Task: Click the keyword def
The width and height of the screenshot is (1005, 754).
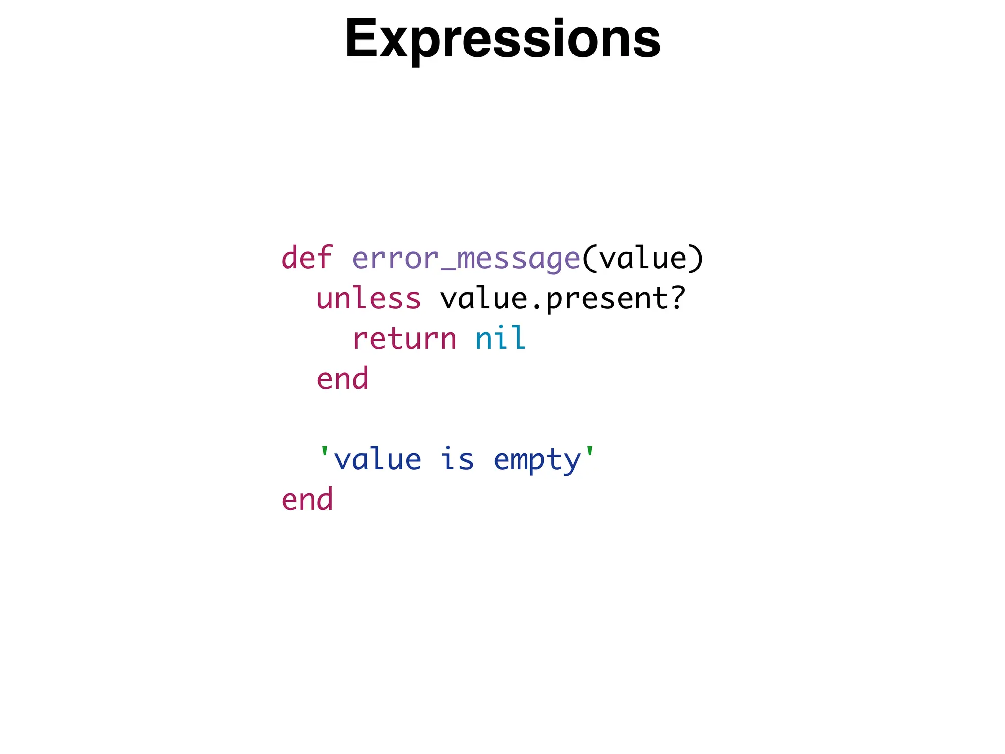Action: (x=307, y=258)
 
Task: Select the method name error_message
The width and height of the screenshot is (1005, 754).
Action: (x=466, y=259)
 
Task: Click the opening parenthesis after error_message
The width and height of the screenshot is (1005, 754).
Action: (x=589, y=259)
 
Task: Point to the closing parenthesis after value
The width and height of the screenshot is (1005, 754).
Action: (x=696, y=259)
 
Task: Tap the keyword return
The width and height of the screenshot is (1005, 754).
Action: (x=404, y=339)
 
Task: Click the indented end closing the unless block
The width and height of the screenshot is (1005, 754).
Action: (x=343, y=378)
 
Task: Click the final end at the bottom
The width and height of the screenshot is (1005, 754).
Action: (x=307, y=499)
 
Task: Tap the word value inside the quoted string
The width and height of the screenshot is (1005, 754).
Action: (x=377, y=459)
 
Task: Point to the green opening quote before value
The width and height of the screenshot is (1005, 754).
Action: (x=324, y=452)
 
